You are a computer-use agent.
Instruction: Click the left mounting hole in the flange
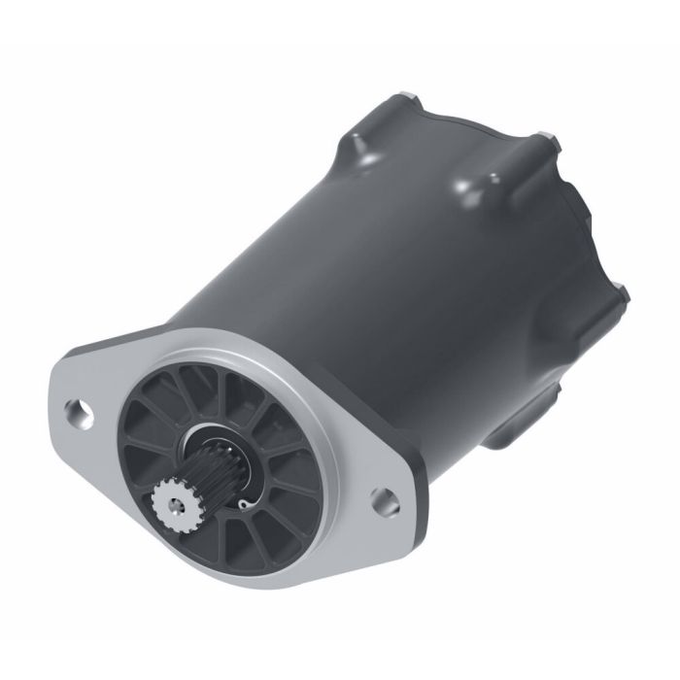point(81,412)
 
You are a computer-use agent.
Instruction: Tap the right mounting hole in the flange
point(386,498)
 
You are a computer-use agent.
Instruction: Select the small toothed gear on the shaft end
point(175,503)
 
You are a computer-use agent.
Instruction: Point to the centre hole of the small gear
point(175,504)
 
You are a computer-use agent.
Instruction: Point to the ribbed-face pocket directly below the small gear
point(185,549)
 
